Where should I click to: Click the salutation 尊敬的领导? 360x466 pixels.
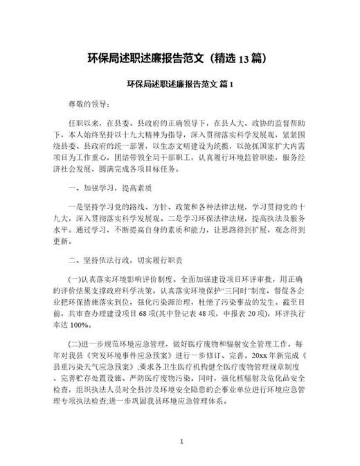pos(88,105)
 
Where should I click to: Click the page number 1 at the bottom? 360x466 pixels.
pos(181,440)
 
